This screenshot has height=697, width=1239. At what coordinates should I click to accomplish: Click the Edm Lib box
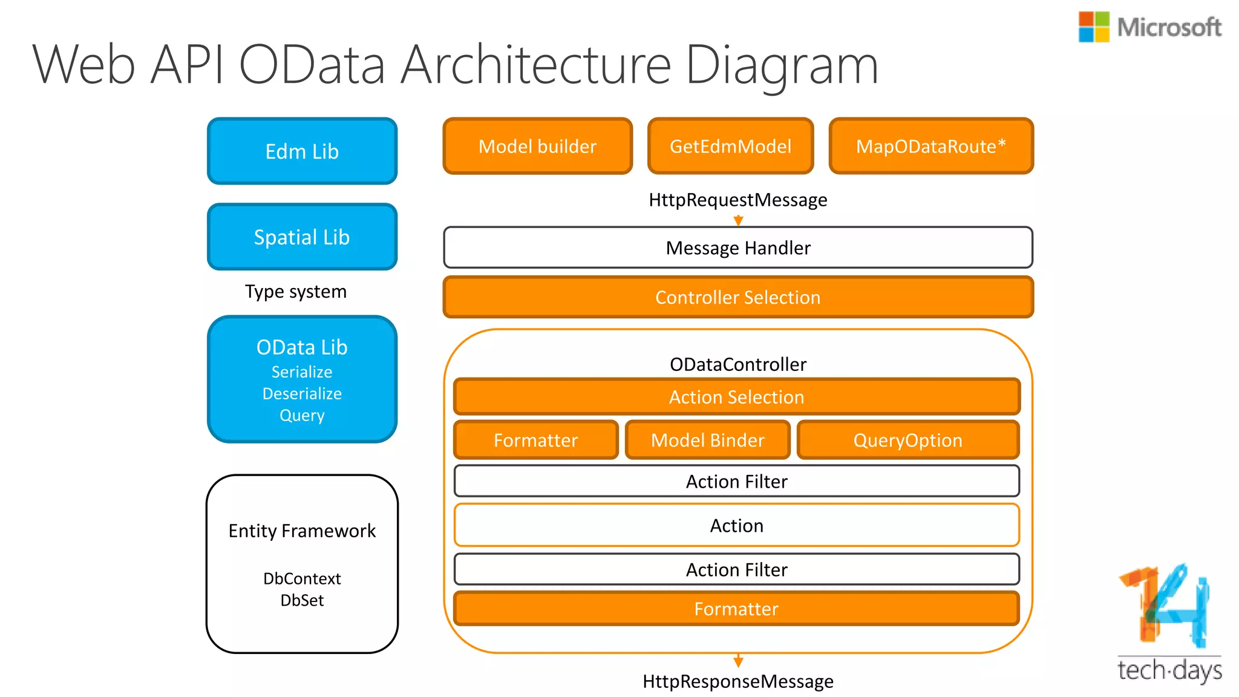tap(302, 151)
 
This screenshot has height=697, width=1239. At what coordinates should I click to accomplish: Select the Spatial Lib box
tap(302, 237)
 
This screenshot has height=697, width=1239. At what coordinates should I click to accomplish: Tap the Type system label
tap(296, 292)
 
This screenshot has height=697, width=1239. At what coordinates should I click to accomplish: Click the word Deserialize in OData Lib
tap(302, 394)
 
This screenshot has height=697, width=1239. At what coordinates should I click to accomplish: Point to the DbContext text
tap(302, 579)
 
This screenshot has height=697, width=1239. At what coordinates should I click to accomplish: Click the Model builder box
tap(537, 146)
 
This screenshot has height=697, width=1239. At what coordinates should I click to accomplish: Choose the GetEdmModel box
tap(730, 146)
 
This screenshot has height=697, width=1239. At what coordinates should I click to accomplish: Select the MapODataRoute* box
tap(930, 146)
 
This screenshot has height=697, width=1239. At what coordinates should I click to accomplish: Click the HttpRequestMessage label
tap(737, 200)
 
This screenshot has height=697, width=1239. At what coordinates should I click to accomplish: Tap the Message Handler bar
tap(737, 248)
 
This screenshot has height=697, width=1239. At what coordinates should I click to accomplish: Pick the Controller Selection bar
tap(737, 297)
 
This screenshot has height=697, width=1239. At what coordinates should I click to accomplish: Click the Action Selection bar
tap(736, 397)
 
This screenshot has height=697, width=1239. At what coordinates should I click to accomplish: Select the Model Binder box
tap(707, 440)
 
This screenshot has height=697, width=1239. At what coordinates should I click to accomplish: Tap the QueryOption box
tap(907, 440)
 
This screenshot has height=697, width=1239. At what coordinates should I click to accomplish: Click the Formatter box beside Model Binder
tap(535, 440)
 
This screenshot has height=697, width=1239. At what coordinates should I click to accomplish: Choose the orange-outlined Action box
tap(736, 525)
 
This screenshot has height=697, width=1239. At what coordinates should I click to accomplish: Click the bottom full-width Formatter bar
tap(736, 609)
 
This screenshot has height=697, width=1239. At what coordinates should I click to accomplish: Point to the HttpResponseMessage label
tap(737, 682)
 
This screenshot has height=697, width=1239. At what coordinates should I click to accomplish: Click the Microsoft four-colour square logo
tap(1093, 27)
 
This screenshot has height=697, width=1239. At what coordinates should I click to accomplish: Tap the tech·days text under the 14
tap(1169, 670)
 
